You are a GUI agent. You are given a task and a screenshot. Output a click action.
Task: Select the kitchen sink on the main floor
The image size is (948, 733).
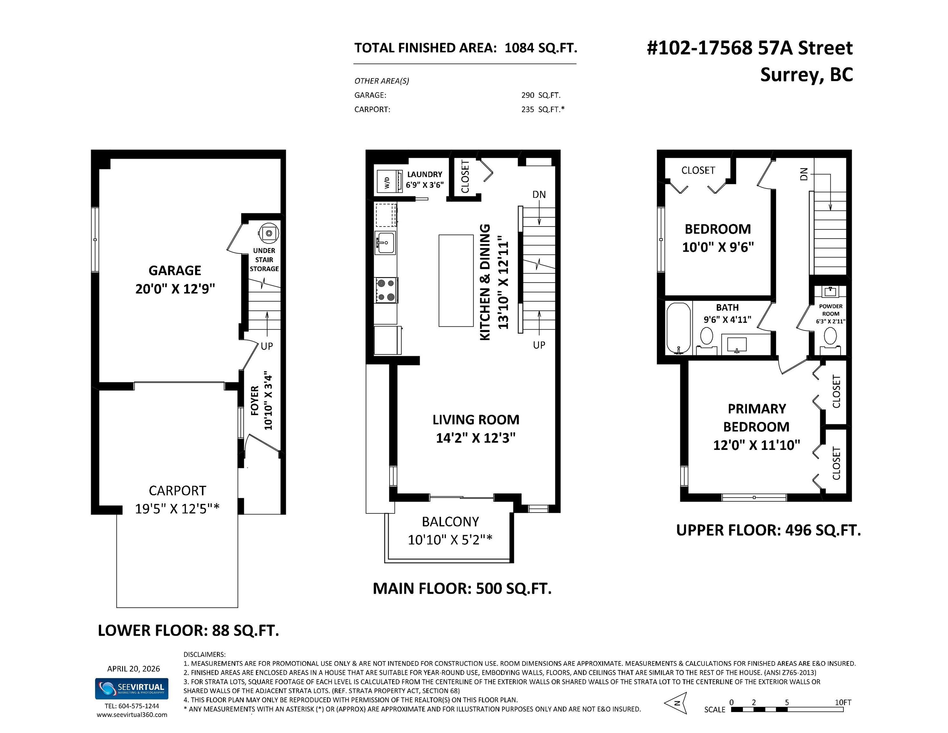tap(385, 243)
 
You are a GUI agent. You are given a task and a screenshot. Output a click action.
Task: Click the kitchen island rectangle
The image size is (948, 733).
tap(456, 281)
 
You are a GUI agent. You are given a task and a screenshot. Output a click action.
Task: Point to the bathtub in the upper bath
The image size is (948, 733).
tap(678, 328)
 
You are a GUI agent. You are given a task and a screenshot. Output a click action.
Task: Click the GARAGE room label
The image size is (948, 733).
tap(175, 270)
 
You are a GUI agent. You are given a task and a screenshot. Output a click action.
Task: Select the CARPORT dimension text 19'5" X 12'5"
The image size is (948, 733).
tap(177, 508)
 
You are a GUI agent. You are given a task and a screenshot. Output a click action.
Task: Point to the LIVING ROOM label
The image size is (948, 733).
tap(476, 420)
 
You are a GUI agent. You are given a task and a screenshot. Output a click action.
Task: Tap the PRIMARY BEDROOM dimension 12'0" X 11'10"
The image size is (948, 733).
tap(757, 445)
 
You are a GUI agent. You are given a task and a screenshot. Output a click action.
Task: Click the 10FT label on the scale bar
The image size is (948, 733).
tap(843, 702)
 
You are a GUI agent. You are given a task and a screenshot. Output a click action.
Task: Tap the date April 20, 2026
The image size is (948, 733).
tap(134, 669)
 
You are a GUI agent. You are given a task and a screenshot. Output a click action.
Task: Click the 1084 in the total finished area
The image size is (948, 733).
tap(519, 48)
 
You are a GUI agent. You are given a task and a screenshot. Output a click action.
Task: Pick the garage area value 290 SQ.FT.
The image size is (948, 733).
tap(541, 95)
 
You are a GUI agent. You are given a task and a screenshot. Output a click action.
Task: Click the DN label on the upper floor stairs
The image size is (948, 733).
tap(804, 174)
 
